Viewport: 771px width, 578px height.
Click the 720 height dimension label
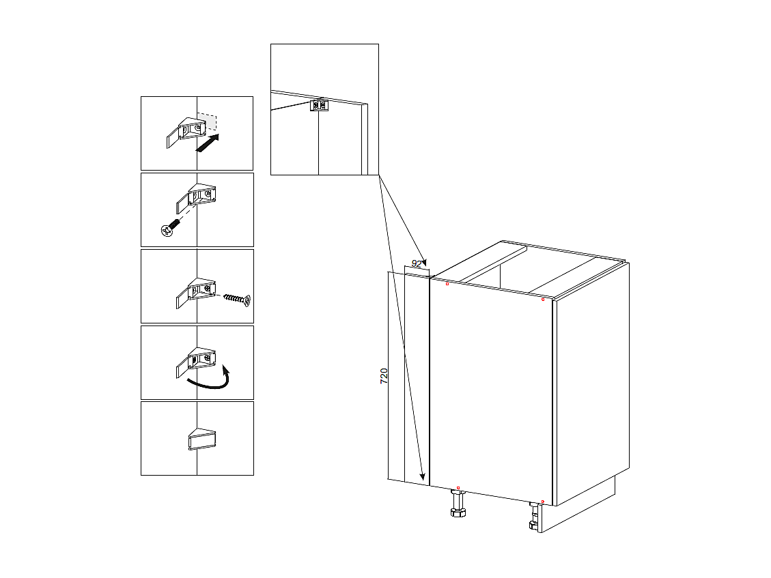[384, 375]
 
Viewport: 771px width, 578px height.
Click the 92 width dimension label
[417, 263]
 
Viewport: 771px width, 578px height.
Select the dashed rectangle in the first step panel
[208, 122]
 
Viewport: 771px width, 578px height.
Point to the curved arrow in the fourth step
[210, 381]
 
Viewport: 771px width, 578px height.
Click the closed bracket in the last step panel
[201, 439]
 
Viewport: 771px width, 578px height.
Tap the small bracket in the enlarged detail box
[319, 105]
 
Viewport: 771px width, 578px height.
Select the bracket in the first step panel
[185, 132]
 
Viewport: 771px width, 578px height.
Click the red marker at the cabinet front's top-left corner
[447, 284]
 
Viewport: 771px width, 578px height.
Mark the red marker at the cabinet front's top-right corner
[543, 299]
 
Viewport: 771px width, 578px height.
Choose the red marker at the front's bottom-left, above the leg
[458, 488]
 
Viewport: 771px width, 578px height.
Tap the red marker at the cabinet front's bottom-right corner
[542, 502]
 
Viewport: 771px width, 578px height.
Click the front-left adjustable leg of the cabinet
[458, 508]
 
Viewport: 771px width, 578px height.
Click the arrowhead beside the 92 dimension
[423, 262]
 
